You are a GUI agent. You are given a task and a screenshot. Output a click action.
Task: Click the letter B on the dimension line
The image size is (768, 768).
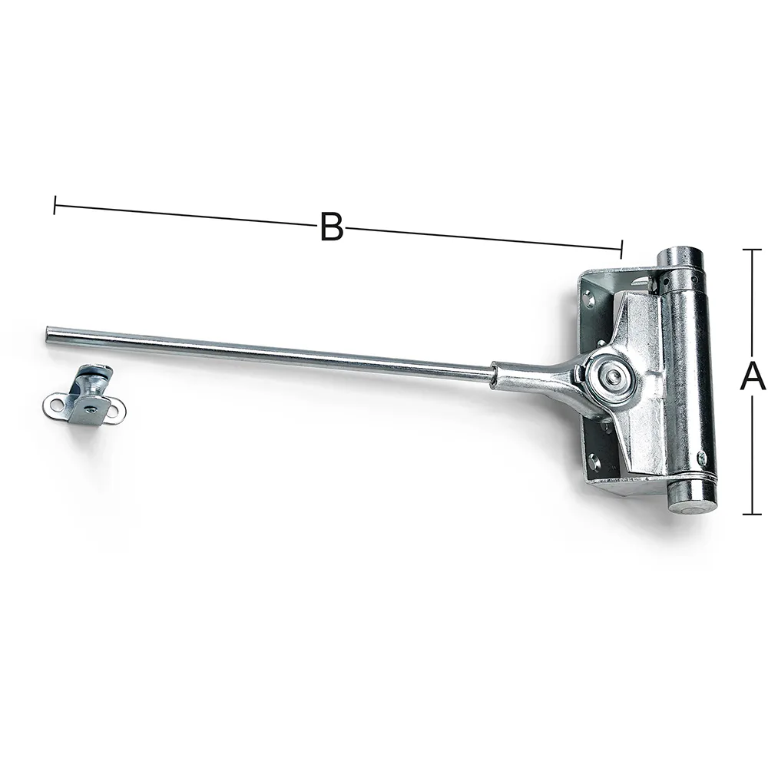(332, 227)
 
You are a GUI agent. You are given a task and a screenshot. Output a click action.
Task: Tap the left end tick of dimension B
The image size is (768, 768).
(55, 205)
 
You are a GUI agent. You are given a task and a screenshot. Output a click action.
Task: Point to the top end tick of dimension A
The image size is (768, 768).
(752, 250)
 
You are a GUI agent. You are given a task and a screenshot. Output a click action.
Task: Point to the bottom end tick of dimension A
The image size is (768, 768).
(752, 515)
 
